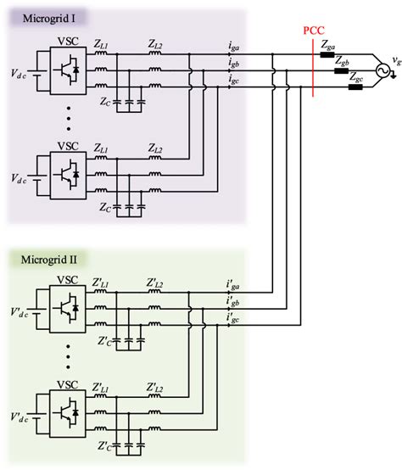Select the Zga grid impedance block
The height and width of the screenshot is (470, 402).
coord(327,58)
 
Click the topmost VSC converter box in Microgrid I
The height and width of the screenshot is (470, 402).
coord(68,71)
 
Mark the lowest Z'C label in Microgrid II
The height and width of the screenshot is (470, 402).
coord(103,445)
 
